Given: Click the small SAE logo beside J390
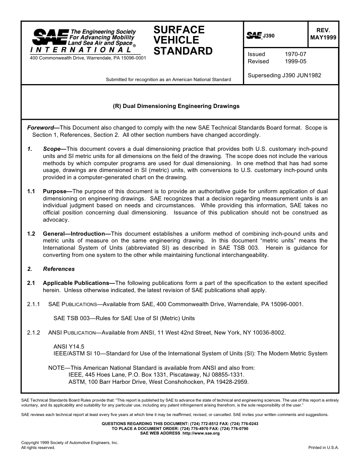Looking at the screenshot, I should pos(254,36).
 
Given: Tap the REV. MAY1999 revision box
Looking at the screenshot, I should pos(323,34).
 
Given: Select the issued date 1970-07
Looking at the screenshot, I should pos(295,54).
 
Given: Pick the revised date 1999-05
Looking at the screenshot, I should pos(295,61).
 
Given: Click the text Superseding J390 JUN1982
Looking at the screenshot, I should pos(284,75).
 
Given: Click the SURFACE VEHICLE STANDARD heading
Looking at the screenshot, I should pos(183,41).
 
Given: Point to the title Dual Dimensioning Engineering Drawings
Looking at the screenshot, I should pos(176,106).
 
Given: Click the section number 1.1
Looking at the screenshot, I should pos(31,191).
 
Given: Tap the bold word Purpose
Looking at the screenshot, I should pos(57,191).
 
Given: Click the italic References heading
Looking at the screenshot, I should pos(59,269).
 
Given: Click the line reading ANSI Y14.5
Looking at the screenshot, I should pos(69,347).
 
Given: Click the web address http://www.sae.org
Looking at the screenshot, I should pos(200,433).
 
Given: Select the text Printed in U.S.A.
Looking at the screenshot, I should pos(323,447).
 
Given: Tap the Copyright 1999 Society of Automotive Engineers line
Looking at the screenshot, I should pos(70,443).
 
